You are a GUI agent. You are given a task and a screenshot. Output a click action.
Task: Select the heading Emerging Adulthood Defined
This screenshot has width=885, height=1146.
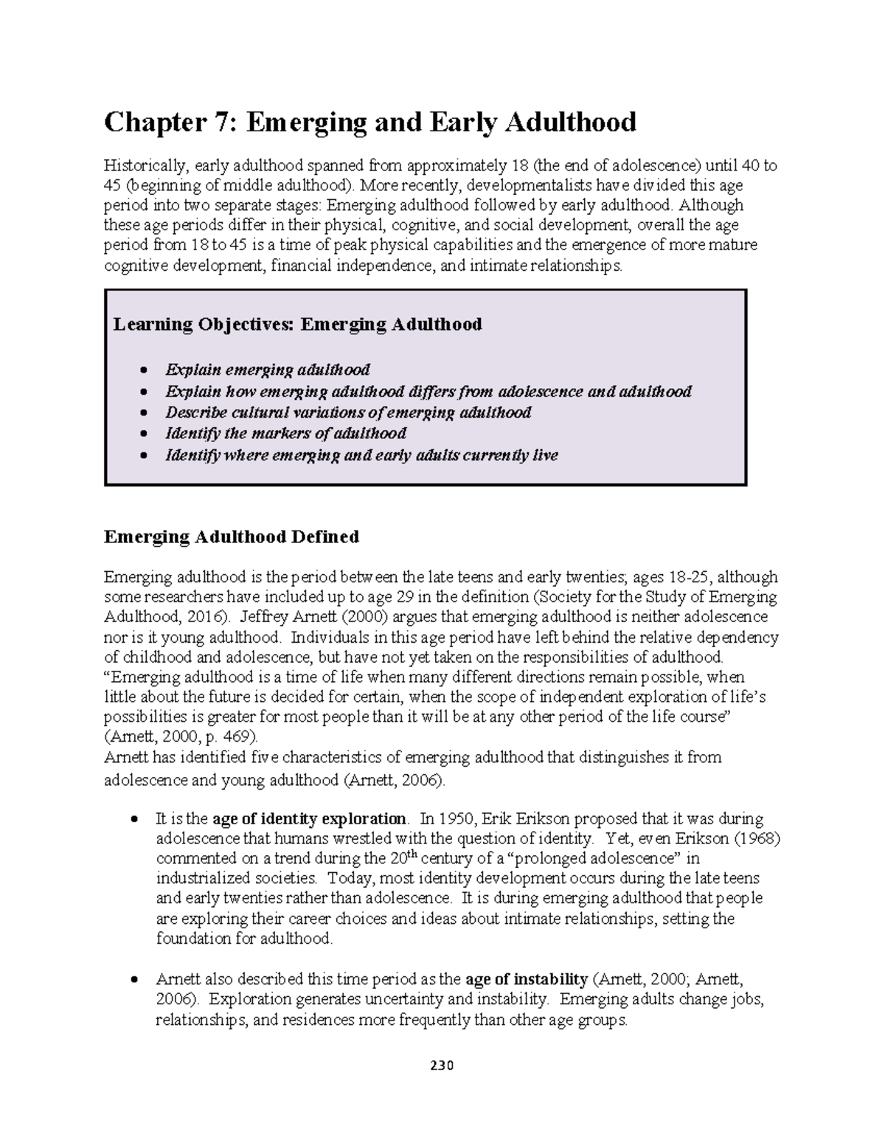pos(232,536)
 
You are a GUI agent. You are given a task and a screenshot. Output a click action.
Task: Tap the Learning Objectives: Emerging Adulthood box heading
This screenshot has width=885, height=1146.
pos(297,324)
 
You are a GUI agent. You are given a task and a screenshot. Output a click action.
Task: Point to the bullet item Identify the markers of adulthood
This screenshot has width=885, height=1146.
pos(286,433)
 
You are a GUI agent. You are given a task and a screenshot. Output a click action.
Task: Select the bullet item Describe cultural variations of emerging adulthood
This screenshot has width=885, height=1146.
pos(348,412)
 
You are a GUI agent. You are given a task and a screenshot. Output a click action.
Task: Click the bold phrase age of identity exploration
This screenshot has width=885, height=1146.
pos(309,818)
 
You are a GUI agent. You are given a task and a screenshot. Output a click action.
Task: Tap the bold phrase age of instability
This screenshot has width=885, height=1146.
pos(527,980)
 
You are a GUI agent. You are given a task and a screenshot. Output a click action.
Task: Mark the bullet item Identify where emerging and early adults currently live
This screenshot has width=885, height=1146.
pos(361,455)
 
